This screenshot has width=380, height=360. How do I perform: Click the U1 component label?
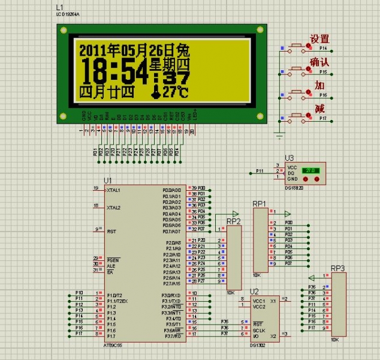(x=108, y=180)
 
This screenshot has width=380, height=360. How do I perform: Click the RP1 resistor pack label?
(x=260, y=204)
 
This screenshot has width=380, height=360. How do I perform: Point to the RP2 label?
(x=234, y=221)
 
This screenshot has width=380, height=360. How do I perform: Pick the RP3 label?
(x=338, y=268)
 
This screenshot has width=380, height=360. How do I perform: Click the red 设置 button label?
(x=319, y=39)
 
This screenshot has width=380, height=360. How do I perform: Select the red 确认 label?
(x=319, y=62)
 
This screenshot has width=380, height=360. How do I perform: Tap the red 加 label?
(x=319, y=86)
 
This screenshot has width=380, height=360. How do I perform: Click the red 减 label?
(x=319, y=109)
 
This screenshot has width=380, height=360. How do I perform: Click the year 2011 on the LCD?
(x=94, y=49)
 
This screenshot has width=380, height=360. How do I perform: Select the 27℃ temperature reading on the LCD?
(x=174, y=92)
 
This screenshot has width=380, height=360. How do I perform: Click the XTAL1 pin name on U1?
(x=113, y=190)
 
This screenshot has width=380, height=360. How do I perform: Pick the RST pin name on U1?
(x=111, y=231)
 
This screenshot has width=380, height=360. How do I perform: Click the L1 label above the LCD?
(x=59, y=8)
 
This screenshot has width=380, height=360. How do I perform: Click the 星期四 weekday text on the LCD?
(x=169, y=64)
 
